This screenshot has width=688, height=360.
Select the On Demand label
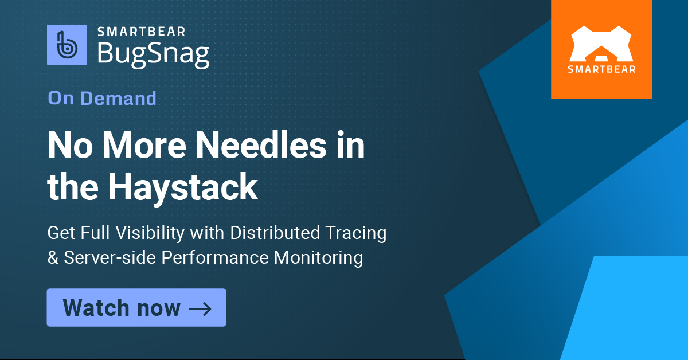102,98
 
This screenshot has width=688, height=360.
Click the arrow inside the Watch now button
200,308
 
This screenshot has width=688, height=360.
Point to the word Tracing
358,233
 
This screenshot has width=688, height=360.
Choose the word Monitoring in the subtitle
318,257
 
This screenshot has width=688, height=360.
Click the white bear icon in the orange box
601,43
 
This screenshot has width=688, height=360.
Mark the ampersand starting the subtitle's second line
53,257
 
